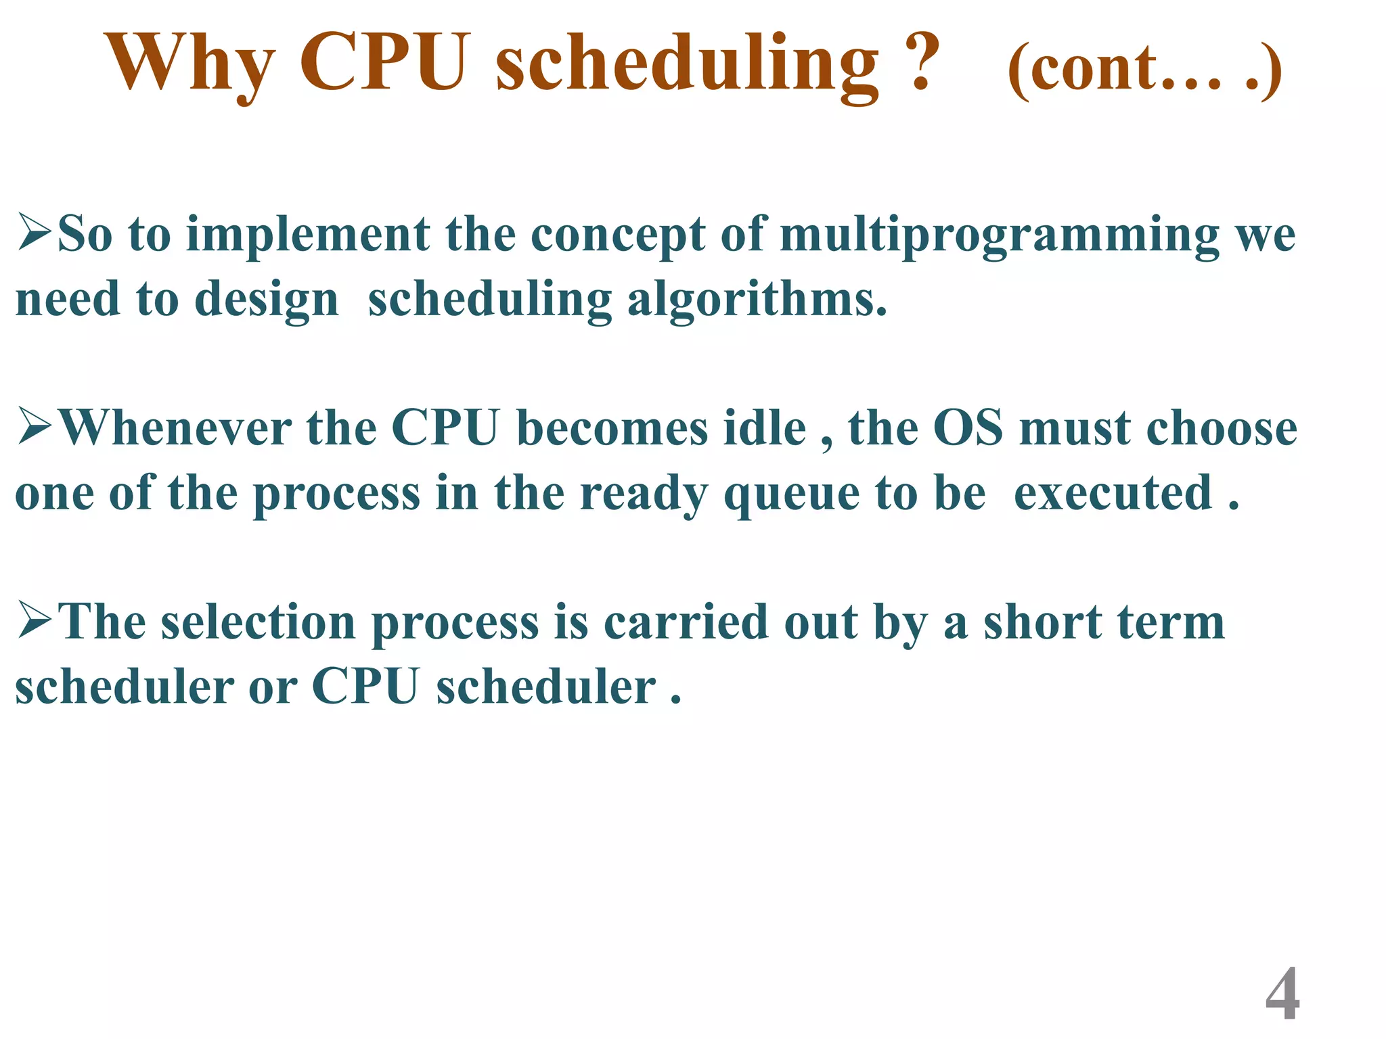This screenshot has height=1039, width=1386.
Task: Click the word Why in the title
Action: (189, 64)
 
